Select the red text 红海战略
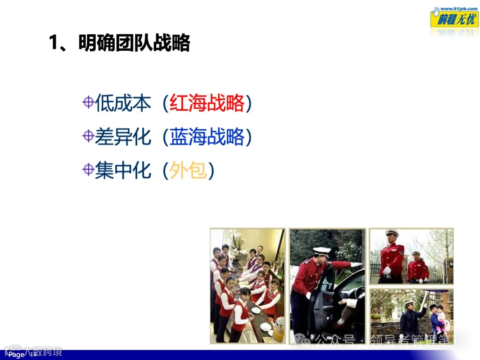(x=207, y=104)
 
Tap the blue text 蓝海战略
(x=207, y=137)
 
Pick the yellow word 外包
(x=188, y=171)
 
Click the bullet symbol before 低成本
(x=88, y=103)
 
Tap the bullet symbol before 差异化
(x=88, y=136)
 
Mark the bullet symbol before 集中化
(x=88, y=169)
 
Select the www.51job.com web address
(x=455, y=8)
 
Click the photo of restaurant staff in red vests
(x=248, y=285)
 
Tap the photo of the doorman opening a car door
(x=327, y=285)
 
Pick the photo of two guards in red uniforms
(x=411, y=256)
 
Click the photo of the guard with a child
(x=411, y=315)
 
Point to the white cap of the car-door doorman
(x=321, y=251)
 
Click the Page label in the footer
(x=16, y=355)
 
